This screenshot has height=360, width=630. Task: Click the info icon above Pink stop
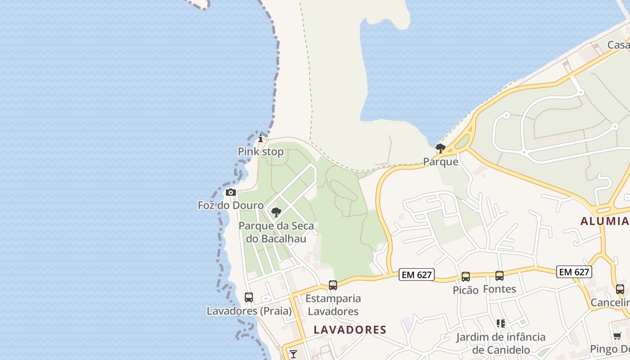[x=261, y=138]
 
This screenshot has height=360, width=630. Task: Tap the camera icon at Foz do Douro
[x=231, y=193]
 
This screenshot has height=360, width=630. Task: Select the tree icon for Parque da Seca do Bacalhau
[x=276, y=212]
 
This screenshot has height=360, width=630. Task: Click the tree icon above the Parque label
[x=441, y=148]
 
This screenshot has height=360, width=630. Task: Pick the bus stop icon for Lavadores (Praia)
[x=249, y=297]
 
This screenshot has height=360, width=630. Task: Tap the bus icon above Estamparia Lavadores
[x=333, y=285]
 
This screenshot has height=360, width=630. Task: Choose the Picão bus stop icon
[x=466, y=277]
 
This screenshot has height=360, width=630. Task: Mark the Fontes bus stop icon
[x=499, y=276]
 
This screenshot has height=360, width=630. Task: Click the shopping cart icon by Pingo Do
[x=617, y=336]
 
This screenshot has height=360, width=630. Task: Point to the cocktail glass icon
[x=293, y=354]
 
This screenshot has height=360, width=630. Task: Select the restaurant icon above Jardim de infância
[x=501, y=324]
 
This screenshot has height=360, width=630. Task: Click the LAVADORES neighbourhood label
[x=350, y=330]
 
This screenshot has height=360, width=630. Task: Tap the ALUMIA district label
[x=604, y=221]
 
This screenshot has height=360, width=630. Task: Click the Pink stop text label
[x=261, y=152]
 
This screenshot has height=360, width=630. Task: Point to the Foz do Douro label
[x=231, y=206]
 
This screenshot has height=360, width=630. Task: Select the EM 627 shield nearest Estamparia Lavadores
[x=416, y=274]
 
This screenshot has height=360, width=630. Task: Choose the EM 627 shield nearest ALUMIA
[x=574, y=272]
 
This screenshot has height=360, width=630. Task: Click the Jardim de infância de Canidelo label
[x=501, y=343]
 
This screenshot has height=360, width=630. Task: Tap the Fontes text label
[x=499, y=289]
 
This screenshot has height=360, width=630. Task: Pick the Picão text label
[x=466, y=290]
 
